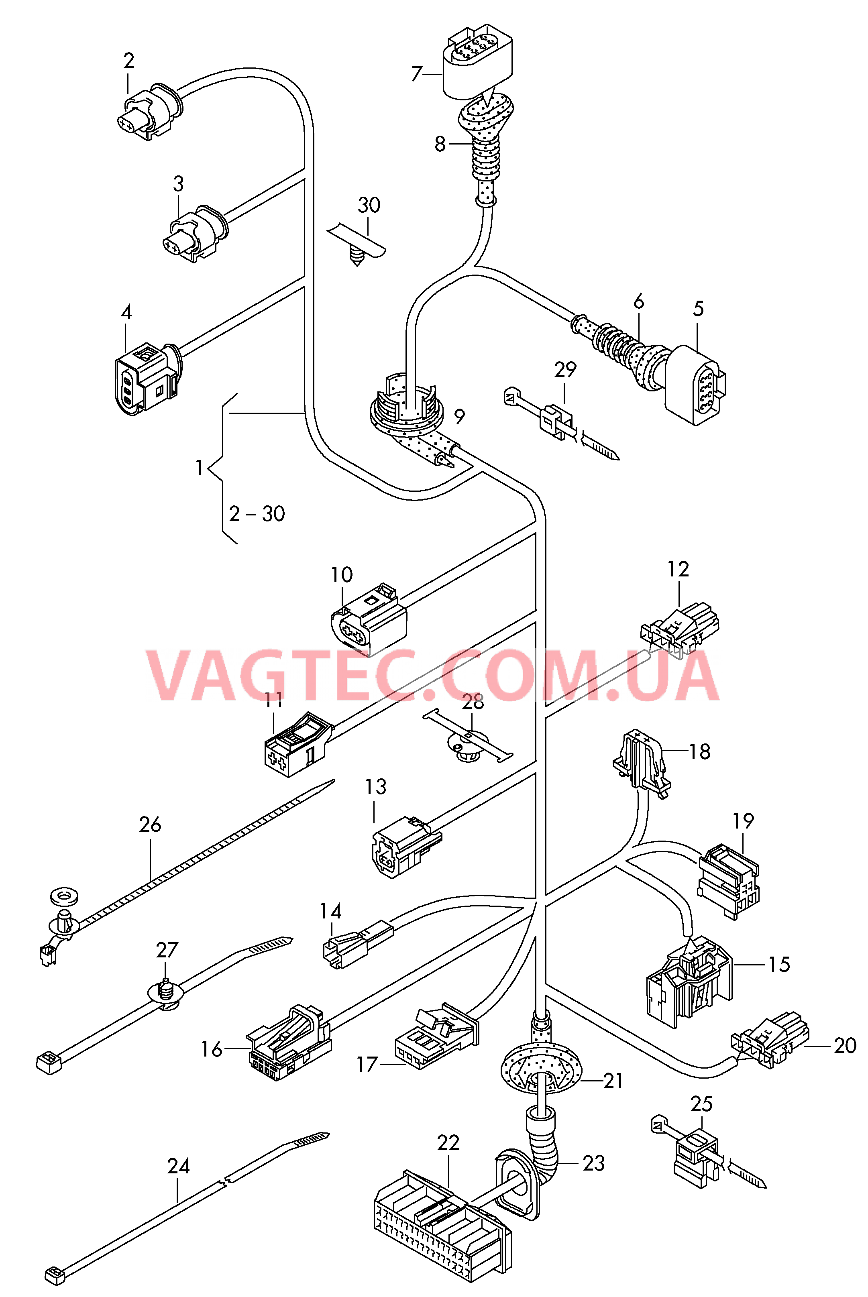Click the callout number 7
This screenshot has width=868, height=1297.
tap(417, 73)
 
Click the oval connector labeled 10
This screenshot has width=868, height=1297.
tap(368, 623)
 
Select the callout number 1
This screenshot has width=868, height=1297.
tap(199, 468)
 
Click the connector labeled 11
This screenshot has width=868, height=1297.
tap(297, 746)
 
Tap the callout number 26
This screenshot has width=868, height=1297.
tap(150, 825)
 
